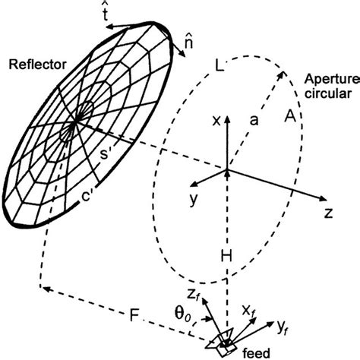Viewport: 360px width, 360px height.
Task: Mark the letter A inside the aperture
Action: tap(289, 115)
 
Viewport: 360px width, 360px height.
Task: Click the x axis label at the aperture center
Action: tap(217, 122)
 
